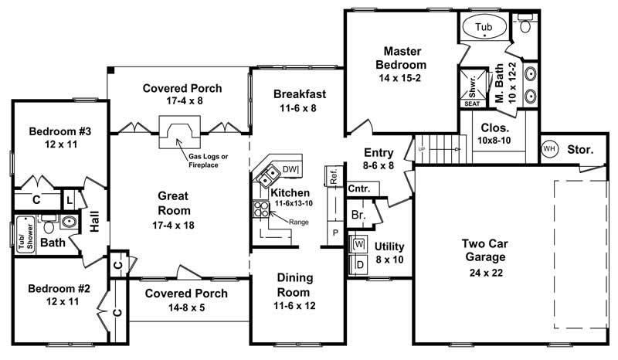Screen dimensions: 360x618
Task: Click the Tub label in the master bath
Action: tap(484, 27)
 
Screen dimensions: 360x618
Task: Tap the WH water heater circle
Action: tap(549, 148)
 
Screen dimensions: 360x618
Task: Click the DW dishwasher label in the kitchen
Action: tap(290, 169)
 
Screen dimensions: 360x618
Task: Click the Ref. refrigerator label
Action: tap(334, 176)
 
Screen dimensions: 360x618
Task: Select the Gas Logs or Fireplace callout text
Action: tap(209, 161)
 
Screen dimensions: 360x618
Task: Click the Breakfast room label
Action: tap(300, 94)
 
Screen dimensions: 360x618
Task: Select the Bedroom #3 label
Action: tap(59, 131)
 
